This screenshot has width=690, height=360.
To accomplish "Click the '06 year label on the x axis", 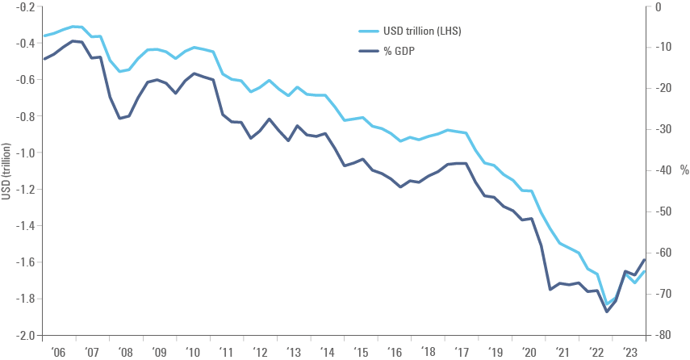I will pos(59,353).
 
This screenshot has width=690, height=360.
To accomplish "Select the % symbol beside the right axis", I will pos(683,170).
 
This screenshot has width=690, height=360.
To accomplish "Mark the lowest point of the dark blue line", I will pos(607,309).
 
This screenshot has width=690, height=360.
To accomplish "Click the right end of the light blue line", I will pos(644,271).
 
